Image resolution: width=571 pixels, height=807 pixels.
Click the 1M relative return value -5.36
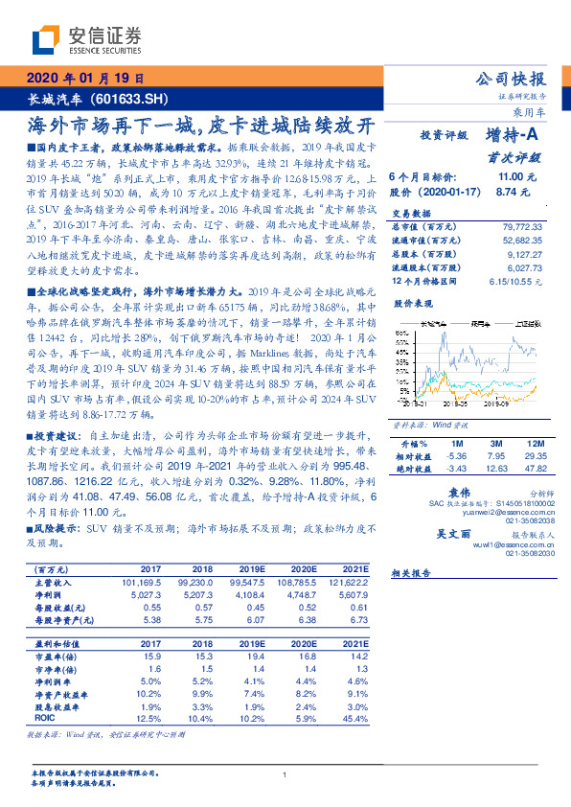coord(456,457)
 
